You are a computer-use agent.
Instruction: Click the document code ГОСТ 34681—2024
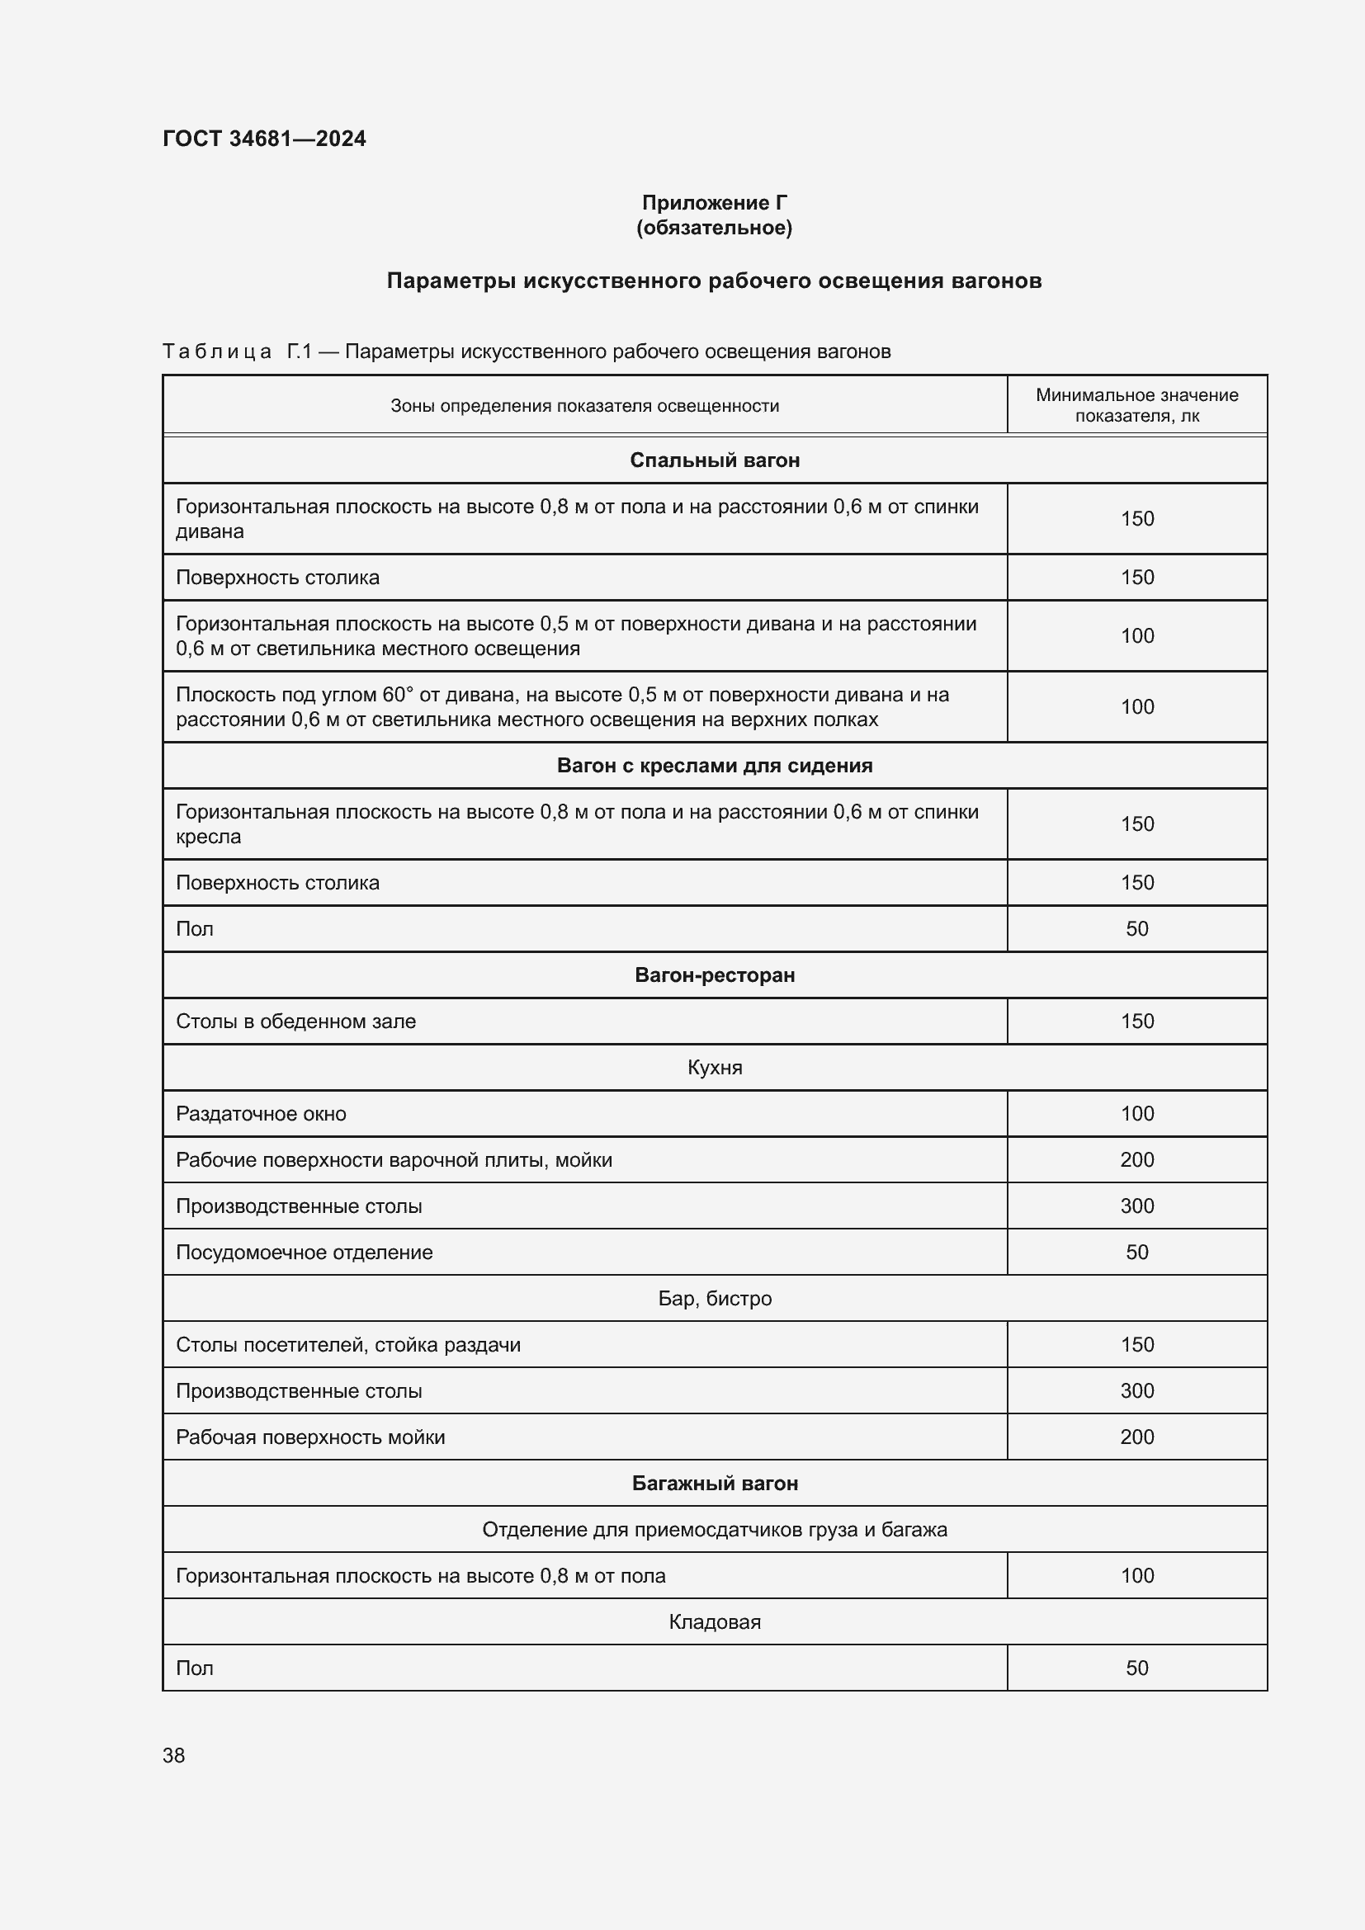coord(264,139)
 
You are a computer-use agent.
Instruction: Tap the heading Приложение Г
coord(714,203)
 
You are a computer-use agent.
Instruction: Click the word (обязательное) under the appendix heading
coord(714,228)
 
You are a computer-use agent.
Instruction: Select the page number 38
coord(174,1755)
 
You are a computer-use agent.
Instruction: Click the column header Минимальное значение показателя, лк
coord(1136,405)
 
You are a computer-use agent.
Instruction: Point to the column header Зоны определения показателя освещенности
coord(584,406)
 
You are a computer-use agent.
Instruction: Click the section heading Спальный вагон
coord(715,460)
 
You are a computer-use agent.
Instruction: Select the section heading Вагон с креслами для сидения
coord(715,766)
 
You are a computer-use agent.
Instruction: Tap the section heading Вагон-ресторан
coord(715,975)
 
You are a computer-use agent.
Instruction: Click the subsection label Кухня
coord(715,1068)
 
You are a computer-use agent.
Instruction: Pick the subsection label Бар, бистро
coord(715,1299)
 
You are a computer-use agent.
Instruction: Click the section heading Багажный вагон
coord(715,1484)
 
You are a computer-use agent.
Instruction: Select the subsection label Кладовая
coord(715,1622)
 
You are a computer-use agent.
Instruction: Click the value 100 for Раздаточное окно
coord(1136,1114)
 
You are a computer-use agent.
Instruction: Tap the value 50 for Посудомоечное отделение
coord(1136,1253)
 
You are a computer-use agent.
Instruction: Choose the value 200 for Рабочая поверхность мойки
coord(1136,1437)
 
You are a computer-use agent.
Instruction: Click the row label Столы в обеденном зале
coord(296,1022)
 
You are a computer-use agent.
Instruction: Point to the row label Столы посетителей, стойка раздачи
coord(348,1345)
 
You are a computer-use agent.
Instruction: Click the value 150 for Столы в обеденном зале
coord(1136,1022)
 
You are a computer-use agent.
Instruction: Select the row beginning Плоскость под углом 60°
coord(561,707)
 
